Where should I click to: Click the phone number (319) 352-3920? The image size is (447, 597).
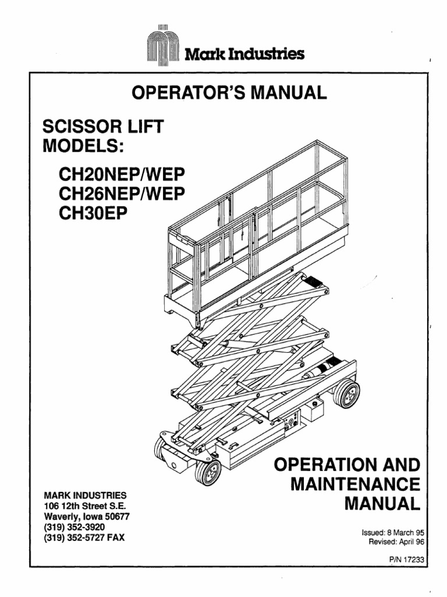(x=74, y=526)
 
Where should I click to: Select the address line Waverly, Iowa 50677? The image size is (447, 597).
(x=87, y=516)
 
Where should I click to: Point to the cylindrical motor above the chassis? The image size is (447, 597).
(x=322, y=371)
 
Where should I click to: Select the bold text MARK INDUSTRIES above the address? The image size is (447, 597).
(x=81, y=495)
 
